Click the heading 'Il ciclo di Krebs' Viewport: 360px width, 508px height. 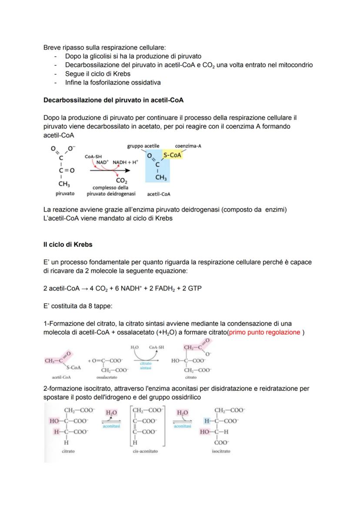(68, 245)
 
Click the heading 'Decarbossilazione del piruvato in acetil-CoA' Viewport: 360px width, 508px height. (113, 100)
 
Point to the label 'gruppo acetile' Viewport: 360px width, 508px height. (143, 146)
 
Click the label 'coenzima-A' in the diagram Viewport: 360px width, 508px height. (188, 146)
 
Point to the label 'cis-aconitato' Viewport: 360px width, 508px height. (145, 452)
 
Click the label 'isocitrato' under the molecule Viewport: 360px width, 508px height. (221, 452)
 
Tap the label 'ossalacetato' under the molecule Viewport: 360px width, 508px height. (105, 378)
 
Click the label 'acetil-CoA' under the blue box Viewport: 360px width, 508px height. (159, 194)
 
